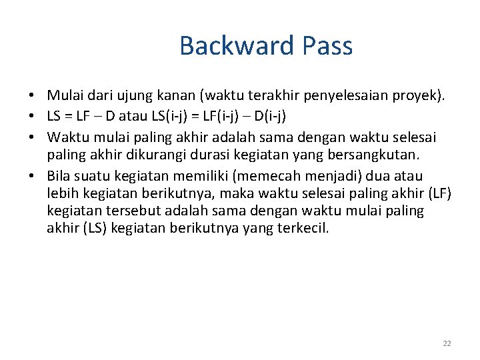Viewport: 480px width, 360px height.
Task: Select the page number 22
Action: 447,343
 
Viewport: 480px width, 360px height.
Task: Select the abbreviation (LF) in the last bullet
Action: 439,193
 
